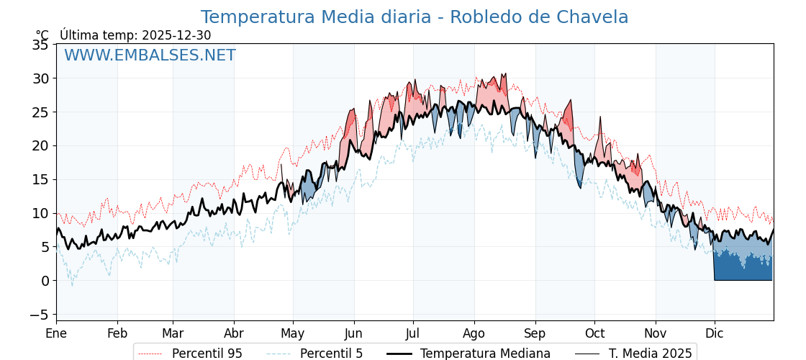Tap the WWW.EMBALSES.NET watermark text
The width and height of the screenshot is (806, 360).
tap(150, 55)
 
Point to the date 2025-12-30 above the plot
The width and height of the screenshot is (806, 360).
tap(176, 35)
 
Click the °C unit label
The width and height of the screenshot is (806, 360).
tap(42, 35)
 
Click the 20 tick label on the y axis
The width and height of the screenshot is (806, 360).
tap(40, 145)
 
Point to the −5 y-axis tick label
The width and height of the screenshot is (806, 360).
tap(37, 315)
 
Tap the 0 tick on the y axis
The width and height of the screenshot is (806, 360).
tap(45, 281)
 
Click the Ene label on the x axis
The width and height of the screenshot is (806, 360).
tap(56, 333)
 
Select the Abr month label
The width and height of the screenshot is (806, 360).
tap(234, 333)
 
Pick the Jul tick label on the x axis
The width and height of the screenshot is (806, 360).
tap(413, 333)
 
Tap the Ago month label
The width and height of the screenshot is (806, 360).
tap(474, 333)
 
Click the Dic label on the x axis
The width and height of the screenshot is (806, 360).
tap(715, 333)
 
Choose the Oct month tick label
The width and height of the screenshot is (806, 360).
tap(594, 333)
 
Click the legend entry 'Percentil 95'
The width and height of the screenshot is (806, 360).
tap(207, 354)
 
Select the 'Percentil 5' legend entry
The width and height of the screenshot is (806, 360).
tap(331, 354)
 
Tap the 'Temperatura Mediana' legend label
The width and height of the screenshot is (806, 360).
tap(485, 354)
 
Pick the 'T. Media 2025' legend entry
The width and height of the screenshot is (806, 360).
tap(650, 354)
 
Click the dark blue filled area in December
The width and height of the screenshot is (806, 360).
tap(741, 270)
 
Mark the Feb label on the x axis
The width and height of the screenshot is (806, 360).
tap(117, 333)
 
